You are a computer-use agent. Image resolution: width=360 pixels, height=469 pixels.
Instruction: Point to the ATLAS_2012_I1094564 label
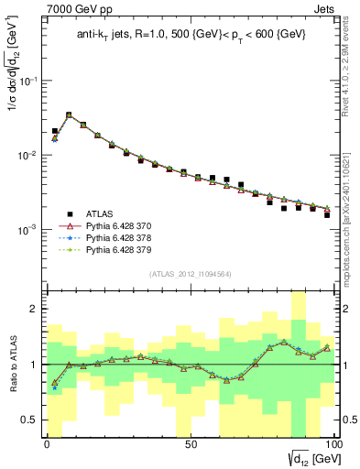pyautogui.click(x=189, y=273)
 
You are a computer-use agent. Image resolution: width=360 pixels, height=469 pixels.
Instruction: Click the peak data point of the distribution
pyautogui.click(x=69, y=115)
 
